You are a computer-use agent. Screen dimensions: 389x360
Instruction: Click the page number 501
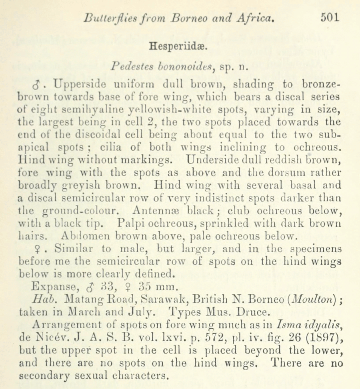[329, 17]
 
